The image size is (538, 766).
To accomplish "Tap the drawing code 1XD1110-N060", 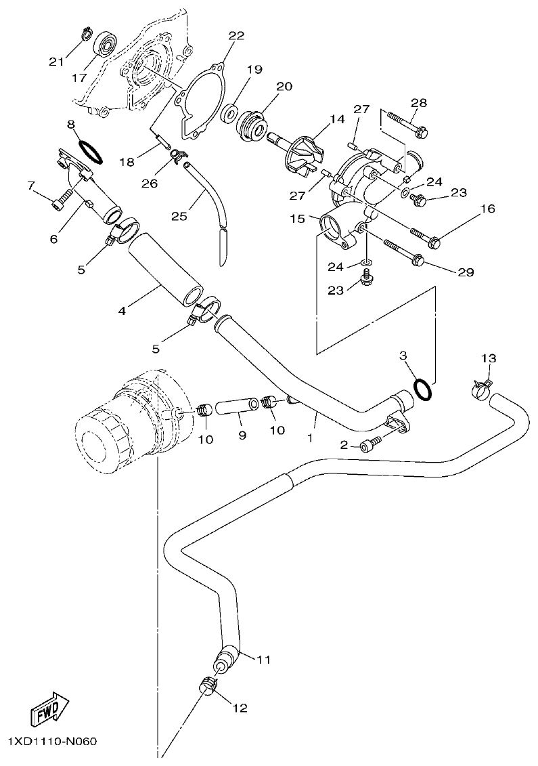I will tap(53, 742).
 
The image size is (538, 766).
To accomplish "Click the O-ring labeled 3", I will tap(422, 389).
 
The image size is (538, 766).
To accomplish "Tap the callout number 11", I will tap(263, 658).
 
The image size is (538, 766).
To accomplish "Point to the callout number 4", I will tap(122, 311).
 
